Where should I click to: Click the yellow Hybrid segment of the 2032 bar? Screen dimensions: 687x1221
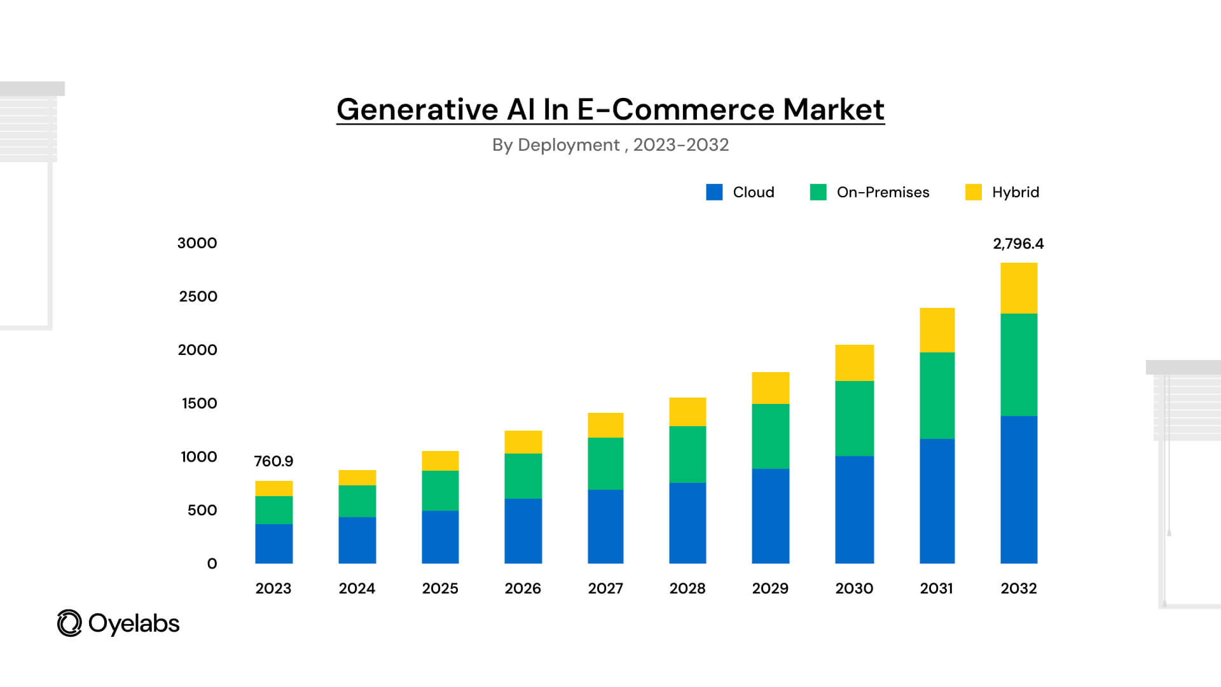point(1019,288)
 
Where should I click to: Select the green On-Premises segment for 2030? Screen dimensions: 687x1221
point(854,418)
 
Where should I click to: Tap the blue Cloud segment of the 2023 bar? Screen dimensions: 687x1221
point(273,543)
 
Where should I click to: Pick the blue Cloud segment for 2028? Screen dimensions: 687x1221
point(687,522)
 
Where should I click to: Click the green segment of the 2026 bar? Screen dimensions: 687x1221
point(523,475)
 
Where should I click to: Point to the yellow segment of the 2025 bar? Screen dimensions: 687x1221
point(440,461)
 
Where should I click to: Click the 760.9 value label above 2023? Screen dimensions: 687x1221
point(273,461)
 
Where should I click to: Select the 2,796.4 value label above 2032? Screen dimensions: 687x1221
point(1018,244)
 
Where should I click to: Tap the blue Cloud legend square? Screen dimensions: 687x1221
point(714,192)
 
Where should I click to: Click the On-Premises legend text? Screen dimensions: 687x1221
point(883,192)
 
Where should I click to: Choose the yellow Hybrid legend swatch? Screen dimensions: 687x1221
point(973,192)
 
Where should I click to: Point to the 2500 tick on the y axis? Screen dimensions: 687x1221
point(198,296)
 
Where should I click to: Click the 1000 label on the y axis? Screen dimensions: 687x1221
point(198,457)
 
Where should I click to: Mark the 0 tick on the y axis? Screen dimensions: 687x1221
point(212,564)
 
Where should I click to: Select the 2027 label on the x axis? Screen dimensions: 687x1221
point(605,588)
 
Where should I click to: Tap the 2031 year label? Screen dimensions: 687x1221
point(936,588)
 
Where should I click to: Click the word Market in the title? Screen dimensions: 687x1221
point(833,109)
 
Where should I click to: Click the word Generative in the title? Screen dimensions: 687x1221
point(417,109)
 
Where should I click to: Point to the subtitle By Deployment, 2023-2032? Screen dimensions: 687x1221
point(610,145)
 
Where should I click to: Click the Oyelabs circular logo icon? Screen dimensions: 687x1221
point(69,623)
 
